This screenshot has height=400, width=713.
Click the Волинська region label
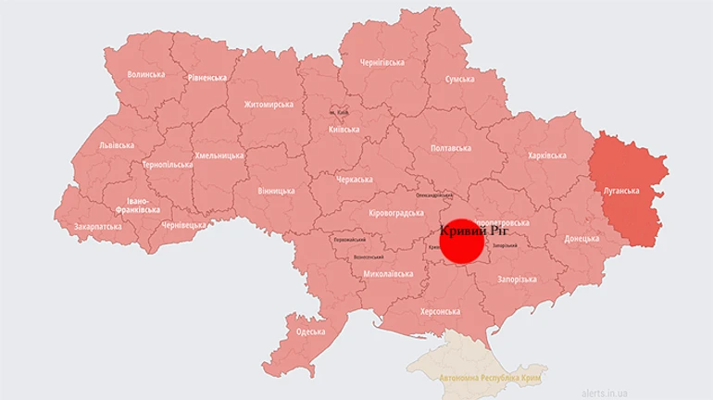146,74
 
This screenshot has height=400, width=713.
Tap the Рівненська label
207,78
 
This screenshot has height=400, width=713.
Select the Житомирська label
269,105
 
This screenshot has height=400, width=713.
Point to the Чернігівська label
382,63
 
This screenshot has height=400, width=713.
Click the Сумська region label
460,80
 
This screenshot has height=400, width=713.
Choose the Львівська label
116,145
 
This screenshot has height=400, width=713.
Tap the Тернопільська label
168,164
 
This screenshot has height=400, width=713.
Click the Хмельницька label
219,156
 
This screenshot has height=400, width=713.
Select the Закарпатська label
97,225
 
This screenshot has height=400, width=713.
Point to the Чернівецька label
183,225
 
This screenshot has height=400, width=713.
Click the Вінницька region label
276,191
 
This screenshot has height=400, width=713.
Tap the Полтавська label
451,148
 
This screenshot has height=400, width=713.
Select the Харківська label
546,156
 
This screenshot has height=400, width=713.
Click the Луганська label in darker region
620,191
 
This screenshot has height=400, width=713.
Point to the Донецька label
582,239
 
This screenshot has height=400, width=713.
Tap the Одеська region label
310,331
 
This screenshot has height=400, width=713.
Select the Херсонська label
440,312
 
